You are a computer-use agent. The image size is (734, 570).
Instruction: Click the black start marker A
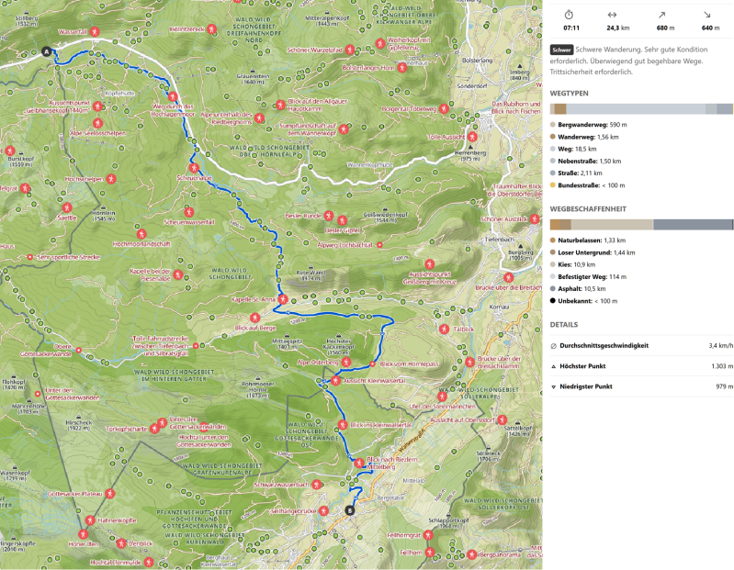pyautogui.click(x=46, y=52)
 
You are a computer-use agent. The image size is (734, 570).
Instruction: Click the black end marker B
pyautogui.click(x=349, y=510)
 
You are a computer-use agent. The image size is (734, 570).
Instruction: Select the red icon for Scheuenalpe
pyautogui.click(x=194, y=167)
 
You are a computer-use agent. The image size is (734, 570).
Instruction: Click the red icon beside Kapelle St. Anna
pyautogui.click(x=282, y=299)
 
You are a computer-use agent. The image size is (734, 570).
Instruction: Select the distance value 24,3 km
pyautogui.click(x=612, y=28)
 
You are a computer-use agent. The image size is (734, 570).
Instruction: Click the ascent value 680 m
pyautogui.click(x=661, y=28)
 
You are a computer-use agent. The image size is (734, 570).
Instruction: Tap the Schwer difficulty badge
pyautogui.click(x=561, y=50)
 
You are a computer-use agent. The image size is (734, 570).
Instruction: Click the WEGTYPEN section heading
pyautogui.click(x=570, y=93)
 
